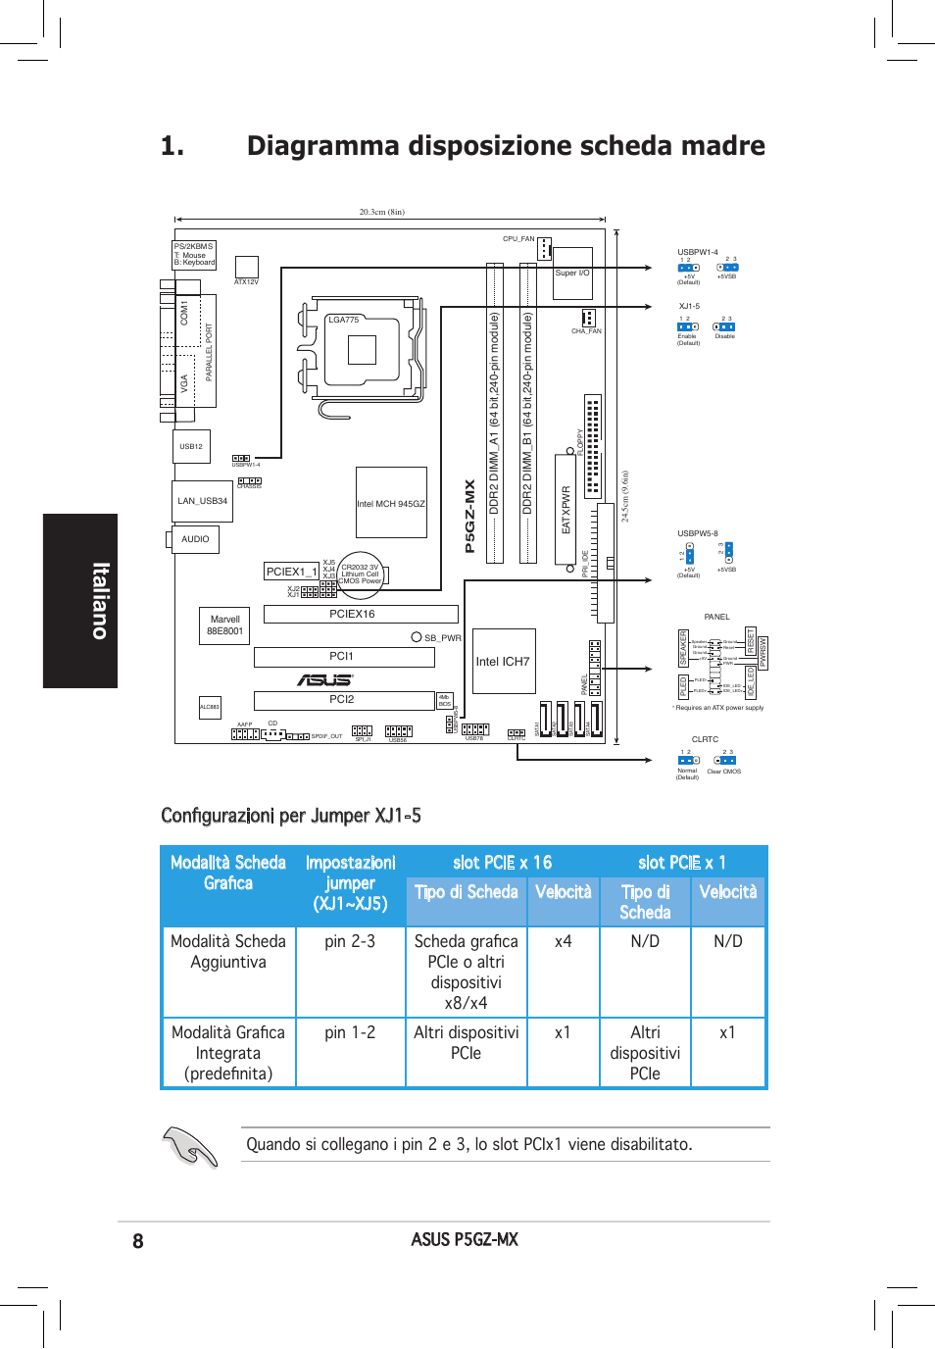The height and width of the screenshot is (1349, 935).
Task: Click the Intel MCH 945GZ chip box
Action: click(x=391, y=503)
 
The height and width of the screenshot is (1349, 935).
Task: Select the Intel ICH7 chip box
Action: click(x=504, y=662)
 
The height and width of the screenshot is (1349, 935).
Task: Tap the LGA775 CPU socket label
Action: click(x=344, y=320)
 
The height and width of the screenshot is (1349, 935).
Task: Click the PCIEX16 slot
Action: click(x=361, y=614)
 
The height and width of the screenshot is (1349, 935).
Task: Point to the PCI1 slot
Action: click(x=344, y=657)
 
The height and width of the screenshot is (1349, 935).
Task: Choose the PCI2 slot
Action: click(x=344, y=700)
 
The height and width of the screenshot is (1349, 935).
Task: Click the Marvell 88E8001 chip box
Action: click(x=224, y=625)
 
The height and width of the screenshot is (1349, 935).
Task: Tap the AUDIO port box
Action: click(x=195, y=539)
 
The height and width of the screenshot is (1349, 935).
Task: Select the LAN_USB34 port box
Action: click(x=202, y=501)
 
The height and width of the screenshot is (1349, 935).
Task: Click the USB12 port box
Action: click(x=191, y=446)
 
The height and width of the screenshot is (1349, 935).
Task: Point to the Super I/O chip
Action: click(x=572, y=274)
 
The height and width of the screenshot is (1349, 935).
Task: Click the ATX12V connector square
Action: click(x=246, y=267)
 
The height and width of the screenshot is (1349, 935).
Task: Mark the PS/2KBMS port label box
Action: click(x=194, y=255)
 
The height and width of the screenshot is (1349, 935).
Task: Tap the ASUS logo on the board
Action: click(x=324, y=679)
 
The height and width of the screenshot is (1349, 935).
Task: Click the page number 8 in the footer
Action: click(x=138, y=1241)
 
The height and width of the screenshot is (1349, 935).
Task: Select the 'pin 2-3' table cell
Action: click(x=350, y=941)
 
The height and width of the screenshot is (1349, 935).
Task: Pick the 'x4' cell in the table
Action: click(x=564, y=941)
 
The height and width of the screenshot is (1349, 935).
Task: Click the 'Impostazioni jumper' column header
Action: click(x=350, y=883)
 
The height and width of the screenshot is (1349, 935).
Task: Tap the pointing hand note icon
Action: click(x=190, y=1146)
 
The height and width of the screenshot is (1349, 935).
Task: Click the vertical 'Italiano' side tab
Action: click(x=80, y=600)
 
